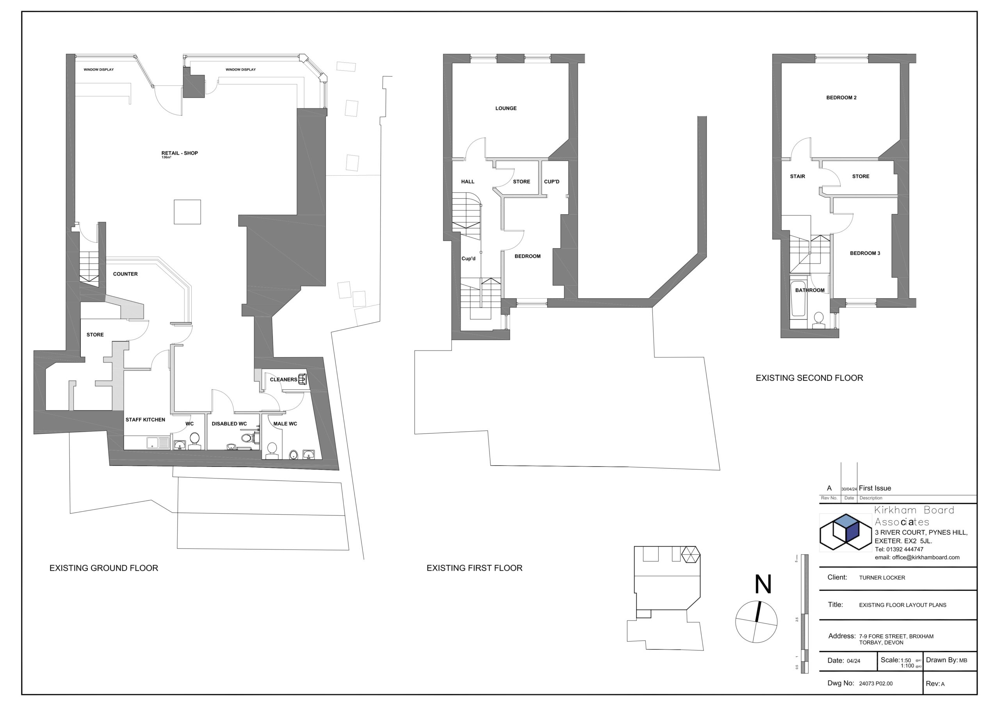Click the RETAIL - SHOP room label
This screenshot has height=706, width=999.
point(179,153)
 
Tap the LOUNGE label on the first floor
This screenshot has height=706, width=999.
point(506,108)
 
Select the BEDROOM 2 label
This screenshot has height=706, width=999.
point(841,98)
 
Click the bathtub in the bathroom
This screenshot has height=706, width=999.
point(798,299)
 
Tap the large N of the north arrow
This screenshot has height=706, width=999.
point(763,584)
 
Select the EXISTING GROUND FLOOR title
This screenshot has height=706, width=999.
point(103,568)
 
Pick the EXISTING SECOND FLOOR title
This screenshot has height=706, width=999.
point(809,378)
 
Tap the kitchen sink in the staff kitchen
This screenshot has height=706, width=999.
point(158,443)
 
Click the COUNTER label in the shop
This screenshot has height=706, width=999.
point(125,274)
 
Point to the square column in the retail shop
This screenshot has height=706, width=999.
point(188,212)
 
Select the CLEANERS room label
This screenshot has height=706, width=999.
point(283,380)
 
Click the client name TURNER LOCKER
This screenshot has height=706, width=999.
point(882,578)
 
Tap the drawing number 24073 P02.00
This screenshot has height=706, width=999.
point(875,683)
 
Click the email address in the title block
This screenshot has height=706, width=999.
point(917,557)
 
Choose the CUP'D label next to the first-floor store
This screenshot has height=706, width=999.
point(551,181)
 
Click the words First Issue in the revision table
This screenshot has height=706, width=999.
point(875,488)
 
